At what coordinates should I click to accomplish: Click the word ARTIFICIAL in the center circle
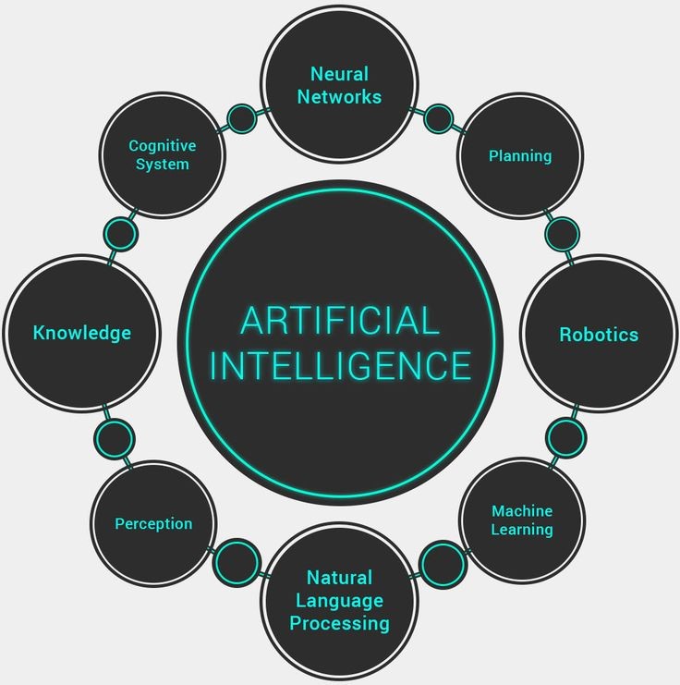pyautogui.click(x=340, y=321)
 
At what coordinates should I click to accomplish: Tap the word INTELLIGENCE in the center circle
pyautogui.click(x=341, y=365)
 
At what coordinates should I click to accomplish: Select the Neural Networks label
pyautogui.click(x=339, y=86)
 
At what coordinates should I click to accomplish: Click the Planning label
pyautogui.click(x=520, y=156)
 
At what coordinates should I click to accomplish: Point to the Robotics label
pyautogui.click(x=599, y=335)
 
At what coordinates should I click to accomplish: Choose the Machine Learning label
pyautogui.click(x=522, y=520)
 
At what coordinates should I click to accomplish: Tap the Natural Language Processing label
pyautogui.click(x=340, y=601)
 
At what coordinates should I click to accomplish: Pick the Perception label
pyautogui.click(x=153, y=524)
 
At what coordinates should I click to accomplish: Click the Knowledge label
pyautogui.click(x=82, y=333)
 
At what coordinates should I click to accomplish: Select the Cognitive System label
pyautogui.click(x=162, y=155)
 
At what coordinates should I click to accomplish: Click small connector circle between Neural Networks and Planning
pyautogui.click(x=438, y=118)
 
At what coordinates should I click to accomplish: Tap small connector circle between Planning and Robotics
pyautogui.click(x=562, y=234)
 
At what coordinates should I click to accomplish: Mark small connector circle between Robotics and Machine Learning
pyautogui.click(x=565, y=438)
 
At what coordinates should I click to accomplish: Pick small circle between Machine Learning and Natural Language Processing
pyautogui.click(x=443, y=564)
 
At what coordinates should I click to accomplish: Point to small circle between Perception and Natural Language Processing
pyautogui.click(x=237, y=562)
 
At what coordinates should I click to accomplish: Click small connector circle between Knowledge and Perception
pyautogui.click(x=115, y=438)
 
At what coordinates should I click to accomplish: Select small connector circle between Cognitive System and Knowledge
pyautogui.click(x=120, y=234)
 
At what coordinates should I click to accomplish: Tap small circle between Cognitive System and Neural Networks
pyautogui.click(x=241, y=118)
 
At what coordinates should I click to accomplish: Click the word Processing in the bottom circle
pyautogui.click(x=340, y=623)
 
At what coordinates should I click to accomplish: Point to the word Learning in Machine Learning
pyautogui.click(x=522, y=530)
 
